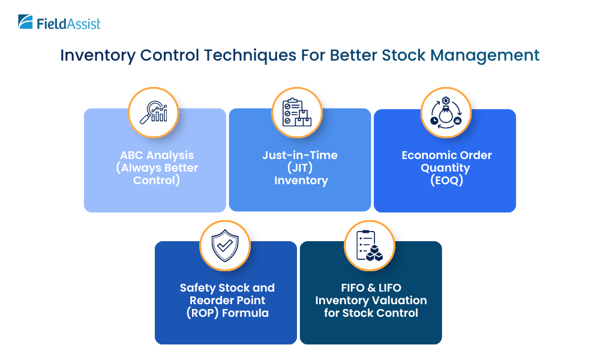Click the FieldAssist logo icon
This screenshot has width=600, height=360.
pos(26,22)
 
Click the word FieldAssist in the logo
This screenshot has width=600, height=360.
pos(68,23)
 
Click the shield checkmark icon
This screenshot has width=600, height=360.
pos(225,245)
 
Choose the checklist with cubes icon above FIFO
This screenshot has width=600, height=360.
pos(370,245)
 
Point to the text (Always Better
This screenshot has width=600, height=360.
pos(157,167)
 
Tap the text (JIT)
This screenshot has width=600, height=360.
pos(300,167)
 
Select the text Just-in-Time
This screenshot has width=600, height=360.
pos(300,155)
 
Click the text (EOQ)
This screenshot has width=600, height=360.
pos(446,180)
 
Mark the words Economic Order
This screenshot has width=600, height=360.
pos(446,155)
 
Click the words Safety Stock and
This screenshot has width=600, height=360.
pos(227,288)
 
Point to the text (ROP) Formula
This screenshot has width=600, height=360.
pos(227,313)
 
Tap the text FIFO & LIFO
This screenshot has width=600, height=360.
pos(371,288)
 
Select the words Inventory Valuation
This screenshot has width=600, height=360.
pos(371,301)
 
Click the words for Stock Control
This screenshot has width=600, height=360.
pos(371,313)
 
